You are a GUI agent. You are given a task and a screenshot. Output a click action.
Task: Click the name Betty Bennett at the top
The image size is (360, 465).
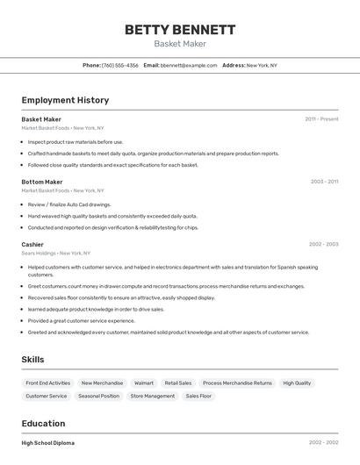pos(180,29)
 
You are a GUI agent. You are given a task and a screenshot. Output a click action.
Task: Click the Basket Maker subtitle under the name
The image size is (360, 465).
pos(180,44)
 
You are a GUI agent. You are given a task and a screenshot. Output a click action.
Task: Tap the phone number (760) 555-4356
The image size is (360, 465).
pos(120,65)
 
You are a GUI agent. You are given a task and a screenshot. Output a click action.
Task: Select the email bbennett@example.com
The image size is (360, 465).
pos(189,65)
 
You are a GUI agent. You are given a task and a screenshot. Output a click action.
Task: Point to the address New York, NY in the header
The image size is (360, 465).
pos(261,65)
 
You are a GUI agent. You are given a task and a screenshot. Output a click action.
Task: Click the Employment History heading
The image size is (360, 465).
pos(65,100)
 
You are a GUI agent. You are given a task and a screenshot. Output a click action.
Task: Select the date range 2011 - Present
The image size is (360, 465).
pos(321,119)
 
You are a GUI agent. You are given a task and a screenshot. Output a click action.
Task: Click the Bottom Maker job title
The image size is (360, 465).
pos(42,182)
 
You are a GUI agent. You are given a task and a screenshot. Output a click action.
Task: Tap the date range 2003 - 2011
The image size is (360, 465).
pos(324,182)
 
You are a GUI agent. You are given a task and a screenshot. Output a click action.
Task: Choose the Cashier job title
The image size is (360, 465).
pos(32,244)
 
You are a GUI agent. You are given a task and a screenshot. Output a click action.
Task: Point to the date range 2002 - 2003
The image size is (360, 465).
pos(323,244)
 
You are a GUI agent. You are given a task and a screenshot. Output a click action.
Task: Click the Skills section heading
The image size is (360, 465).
pos(32,359)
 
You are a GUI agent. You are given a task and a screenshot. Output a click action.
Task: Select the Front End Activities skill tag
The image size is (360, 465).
pos(48,383)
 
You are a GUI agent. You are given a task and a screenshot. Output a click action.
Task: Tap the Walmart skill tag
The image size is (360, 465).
pos(143,383)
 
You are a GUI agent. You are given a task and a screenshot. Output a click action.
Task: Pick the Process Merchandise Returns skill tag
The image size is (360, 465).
pos(237,383)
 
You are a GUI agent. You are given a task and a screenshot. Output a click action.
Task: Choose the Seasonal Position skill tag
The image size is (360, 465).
pos(98,396)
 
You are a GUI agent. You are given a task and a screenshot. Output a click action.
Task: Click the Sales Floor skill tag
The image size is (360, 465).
pos(198,396)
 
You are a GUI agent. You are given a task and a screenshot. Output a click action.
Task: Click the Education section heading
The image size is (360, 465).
pos(43,423)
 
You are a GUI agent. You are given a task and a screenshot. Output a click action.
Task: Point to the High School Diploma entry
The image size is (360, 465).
pos(48,443)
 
